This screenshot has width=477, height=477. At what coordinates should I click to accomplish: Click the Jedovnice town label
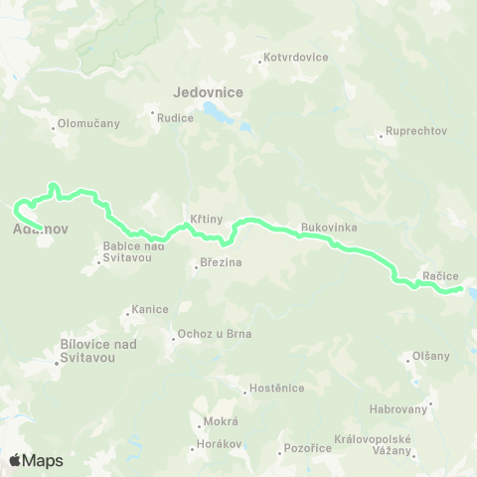tap(208, 91)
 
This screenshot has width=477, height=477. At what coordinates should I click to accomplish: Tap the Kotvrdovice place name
tap(296, 58)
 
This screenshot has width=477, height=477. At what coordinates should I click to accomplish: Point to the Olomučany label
tap(88, 123)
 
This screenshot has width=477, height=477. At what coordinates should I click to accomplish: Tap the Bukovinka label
tap(328, 227)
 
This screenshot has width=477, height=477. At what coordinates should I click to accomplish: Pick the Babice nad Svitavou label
tap(132, 252)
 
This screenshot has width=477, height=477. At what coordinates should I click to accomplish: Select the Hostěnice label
tap(275, 388)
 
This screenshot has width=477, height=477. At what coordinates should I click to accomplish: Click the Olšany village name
tap(429, 356)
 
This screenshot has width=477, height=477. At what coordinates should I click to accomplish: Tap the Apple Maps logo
tap(36, 460)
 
